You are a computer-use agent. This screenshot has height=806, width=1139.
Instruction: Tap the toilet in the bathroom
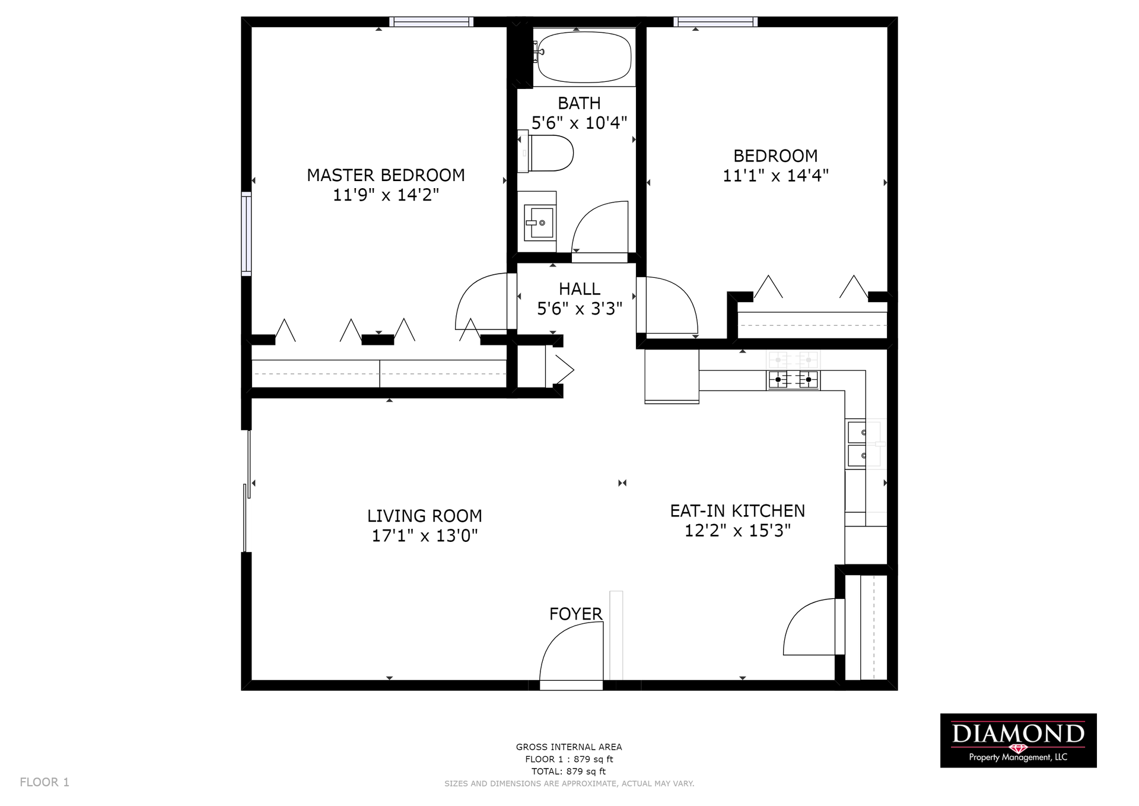point(546,153)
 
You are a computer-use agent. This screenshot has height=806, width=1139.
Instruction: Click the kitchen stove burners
point(793,379)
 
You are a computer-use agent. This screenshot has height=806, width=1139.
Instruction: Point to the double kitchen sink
point(857,444)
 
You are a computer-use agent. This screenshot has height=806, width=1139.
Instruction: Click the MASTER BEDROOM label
point(386,175)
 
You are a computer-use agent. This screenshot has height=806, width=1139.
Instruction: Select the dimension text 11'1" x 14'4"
point(775,176)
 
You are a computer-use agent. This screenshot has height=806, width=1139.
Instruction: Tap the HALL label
point(580,289)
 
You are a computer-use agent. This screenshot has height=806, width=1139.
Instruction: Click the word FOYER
point(575,614)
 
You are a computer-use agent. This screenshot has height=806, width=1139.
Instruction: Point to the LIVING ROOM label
point(424,516)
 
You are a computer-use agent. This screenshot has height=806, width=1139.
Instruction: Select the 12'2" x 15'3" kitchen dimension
point(737,531)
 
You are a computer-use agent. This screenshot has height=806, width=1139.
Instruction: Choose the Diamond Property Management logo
point(1018,740)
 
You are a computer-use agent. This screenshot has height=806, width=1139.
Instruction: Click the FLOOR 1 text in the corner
point(44,782)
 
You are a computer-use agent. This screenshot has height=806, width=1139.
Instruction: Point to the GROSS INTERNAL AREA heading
point(569,747)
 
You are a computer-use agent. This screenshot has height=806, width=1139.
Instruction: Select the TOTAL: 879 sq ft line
point(569,772)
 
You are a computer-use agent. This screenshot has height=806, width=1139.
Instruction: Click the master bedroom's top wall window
point(431,22)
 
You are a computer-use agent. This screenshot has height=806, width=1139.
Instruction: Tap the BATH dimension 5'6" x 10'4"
point(579,123)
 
